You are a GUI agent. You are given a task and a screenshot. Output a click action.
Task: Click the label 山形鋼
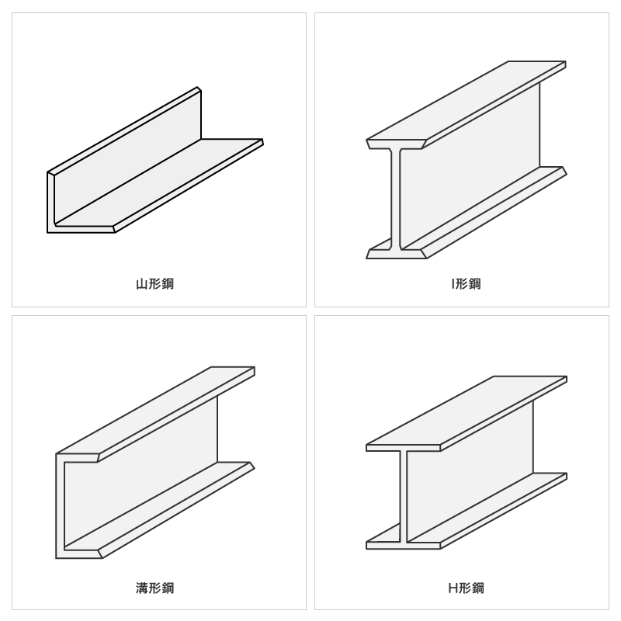pos(154,284)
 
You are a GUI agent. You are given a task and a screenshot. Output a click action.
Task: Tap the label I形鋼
pos(467,284)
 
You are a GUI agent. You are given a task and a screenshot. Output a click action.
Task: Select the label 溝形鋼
pos(154,588)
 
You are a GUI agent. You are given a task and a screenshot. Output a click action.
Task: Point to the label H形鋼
pos(467,588)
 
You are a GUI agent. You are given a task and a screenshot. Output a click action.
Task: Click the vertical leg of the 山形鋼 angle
pos(127,155)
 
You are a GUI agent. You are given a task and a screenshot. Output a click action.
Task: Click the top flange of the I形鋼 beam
pos(467,104)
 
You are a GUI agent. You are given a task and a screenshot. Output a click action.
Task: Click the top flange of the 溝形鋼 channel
pos(155,413)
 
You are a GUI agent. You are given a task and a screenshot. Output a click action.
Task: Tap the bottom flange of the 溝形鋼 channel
pos(158,510)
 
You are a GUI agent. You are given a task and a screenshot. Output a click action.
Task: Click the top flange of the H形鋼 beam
pos(467,413)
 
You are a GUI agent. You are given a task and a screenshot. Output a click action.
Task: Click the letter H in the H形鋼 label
pos(453,588)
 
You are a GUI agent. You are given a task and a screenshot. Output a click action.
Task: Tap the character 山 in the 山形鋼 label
pos(141,284)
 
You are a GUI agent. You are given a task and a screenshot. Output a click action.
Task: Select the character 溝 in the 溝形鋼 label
pos(141,588)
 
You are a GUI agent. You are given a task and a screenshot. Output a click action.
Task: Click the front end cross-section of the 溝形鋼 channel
pos(61,506)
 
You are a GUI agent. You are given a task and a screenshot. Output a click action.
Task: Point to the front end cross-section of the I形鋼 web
pos(395,199)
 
